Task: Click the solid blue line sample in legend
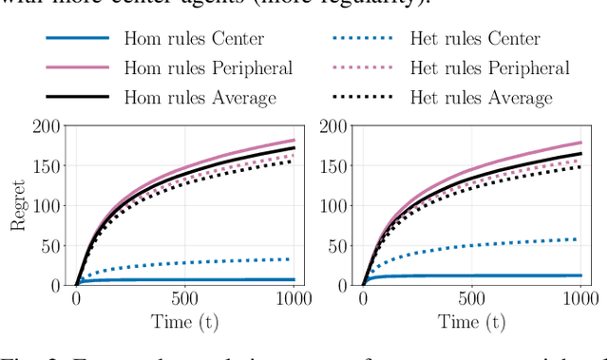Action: click(76, 40)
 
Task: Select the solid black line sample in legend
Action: click(76, 98)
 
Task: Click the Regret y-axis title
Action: click(19, 205)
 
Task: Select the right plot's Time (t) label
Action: click(471, 322)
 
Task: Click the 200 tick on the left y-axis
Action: click(47, 125)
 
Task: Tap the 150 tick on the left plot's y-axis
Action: click(47, 165)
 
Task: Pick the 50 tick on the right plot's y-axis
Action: click(339, 245)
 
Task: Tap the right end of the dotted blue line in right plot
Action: click(579, 238)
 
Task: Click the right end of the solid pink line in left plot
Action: click(293, 141)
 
